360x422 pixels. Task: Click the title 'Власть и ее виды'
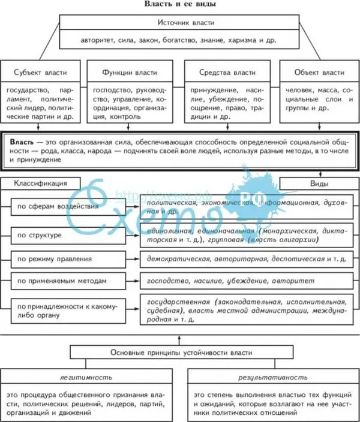[180, 4]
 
